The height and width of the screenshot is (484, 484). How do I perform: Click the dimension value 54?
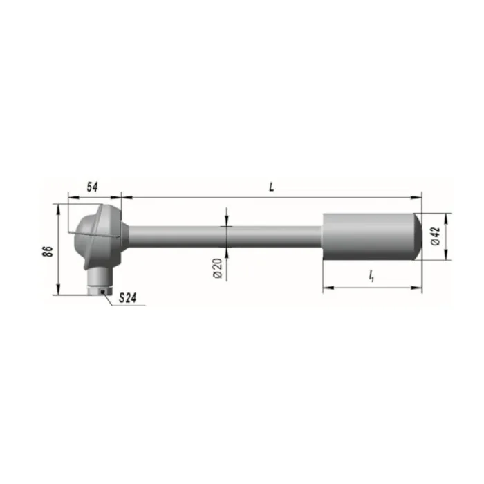click(92, 187)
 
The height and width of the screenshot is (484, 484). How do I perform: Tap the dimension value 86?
click(48, 251)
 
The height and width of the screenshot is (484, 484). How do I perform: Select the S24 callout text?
click(127, 298)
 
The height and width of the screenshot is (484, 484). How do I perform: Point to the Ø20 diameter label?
click(218, 268)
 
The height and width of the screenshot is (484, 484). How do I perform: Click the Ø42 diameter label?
click(435, 236)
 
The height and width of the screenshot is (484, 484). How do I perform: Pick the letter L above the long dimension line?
click(271, 187)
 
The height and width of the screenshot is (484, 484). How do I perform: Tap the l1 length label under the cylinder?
click(371, 276)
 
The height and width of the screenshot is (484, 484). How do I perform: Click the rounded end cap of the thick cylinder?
click(418, 236)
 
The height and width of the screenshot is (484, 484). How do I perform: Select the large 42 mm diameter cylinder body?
click(368, 236)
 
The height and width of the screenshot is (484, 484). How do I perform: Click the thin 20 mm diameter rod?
click(225, 236)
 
